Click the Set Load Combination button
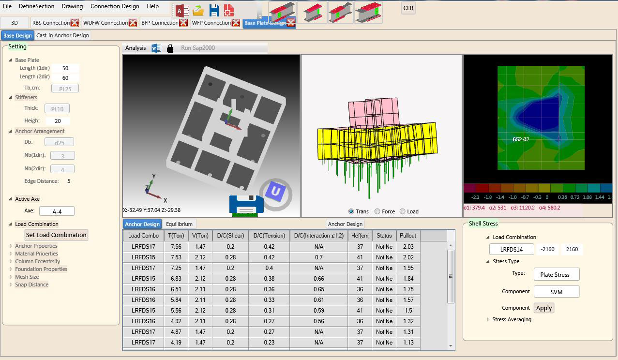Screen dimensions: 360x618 tap(56, 235)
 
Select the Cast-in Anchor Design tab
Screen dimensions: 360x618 tap(62, 35)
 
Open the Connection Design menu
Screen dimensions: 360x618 tap(115, 6)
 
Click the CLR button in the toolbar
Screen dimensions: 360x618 tap(408, 8)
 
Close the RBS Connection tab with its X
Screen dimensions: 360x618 tap(75, 23)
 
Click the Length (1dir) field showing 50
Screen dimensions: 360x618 tap(65, 68)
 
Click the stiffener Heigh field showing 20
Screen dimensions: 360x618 tap(58, 121)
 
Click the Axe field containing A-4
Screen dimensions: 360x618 tap(57, 211)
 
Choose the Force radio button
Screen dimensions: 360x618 tap(378, 211)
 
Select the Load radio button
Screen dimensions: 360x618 tap(403, 211)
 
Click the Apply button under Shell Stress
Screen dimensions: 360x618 tap(544, 308)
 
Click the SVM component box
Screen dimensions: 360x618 tap(556, 292)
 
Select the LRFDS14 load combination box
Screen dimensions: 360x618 tap(511, 249)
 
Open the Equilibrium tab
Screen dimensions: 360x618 tap(179, 224)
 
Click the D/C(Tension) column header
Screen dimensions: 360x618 tap(269, 236)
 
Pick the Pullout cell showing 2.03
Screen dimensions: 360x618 tap(408, 247)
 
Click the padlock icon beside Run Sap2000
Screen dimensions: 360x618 tap(170, 48)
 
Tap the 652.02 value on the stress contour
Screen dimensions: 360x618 tap(521, 139)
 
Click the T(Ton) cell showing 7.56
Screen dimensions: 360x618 tap(176, 247)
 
